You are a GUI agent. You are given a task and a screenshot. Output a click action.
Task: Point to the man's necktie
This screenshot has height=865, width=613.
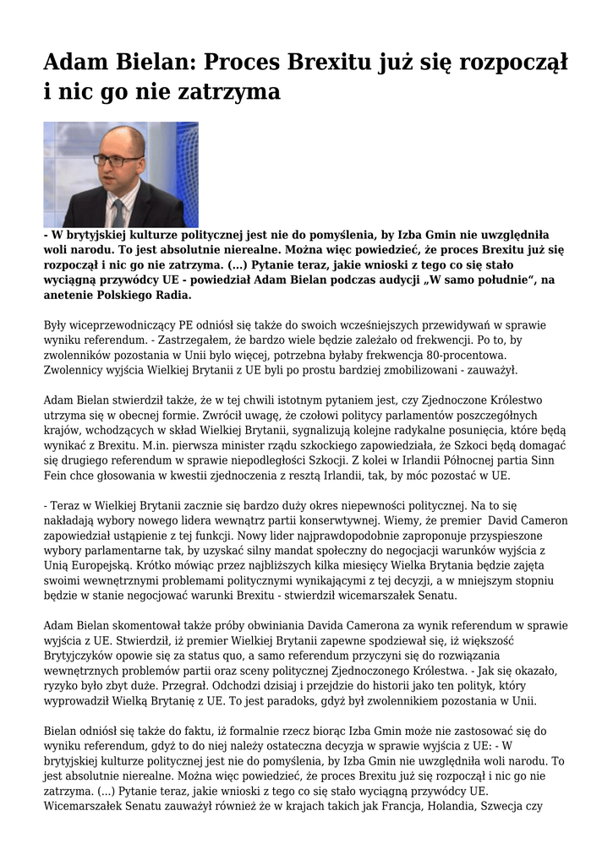118,211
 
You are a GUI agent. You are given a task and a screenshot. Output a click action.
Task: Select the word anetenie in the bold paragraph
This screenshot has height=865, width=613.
72,296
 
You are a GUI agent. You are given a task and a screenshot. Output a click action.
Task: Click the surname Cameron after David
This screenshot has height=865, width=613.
542,520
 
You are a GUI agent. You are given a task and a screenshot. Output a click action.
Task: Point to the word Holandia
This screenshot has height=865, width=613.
443,806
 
